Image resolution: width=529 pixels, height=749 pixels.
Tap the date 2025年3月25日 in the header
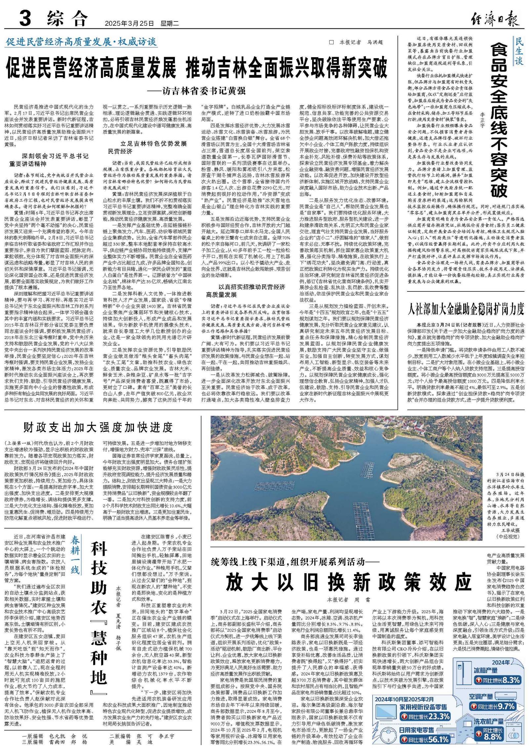[129, 24]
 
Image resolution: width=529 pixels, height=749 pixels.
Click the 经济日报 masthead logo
[495, 19]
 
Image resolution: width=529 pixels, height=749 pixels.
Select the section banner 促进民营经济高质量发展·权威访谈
[81, 42]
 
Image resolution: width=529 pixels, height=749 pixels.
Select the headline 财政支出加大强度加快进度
[98, 427]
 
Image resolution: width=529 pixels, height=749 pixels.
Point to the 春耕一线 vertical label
[75, 556]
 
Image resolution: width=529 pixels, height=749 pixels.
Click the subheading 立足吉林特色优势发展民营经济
[147, 147]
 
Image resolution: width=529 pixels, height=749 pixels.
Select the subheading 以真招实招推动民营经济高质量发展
[245, 290]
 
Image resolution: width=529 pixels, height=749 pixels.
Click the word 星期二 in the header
[169, 24]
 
